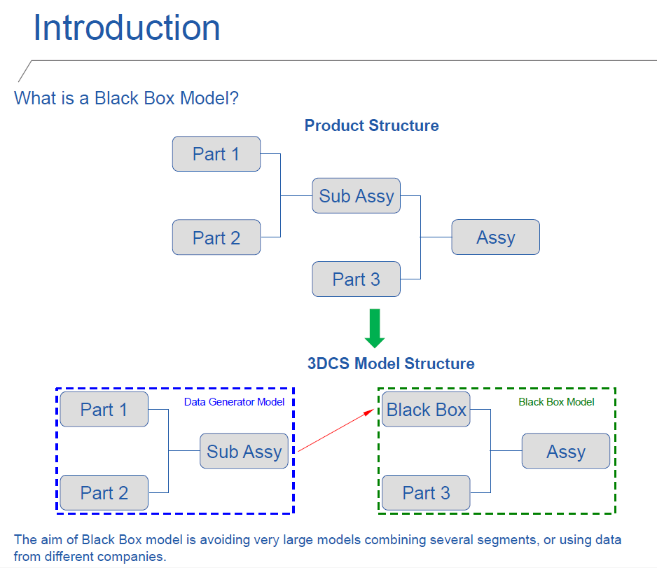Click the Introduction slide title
[127, 28]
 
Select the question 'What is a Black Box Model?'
[127, 98]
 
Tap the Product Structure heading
[371, 126]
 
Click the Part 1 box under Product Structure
[216, 154]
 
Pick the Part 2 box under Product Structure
[216, 237]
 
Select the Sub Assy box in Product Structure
[356, 196]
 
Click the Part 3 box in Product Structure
[356, 279]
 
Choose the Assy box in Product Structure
[495, 237]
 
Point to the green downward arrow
[375, 328]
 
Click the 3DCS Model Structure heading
[391, 364]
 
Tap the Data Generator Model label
[234, 402]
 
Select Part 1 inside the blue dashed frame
[104, 410]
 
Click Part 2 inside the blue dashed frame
[104, 493]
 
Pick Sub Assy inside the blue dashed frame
[244, 452]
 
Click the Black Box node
[426, 410]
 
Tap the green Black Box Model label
[556, 402]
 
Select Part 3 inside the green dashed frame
[426, 493]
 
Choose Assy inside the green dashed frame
[565, 452]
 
